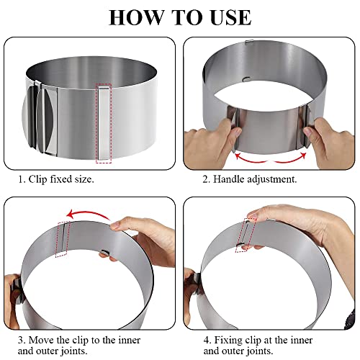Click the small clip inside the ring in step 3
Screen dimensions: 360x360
tap(106, 252)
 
